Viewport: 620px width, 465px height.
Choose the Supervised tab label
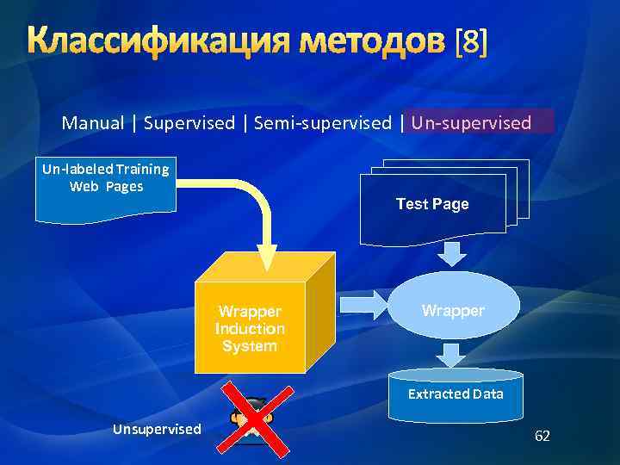(x=189, y=123)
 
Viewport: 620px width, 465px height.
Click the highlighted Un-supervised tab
(x=471, y=123)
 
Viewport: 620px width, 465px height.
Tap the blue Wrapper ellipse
(x=453, y=309)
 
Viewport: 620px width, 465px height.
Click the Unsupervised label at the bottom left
(x=157, y=429)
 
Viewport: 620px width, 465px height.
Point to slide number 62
(x=542, y=436)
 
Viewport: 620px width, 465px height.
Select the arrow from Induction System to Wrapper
(x=365, y=303)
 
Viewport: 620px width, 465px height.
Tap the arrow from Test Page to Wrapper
(x=452, y=253)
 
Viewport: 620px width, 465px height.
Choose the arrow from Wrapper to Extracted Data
(x=451, y=354)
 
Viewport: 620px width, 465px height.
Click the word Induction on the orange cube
(x=250, y=328)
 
